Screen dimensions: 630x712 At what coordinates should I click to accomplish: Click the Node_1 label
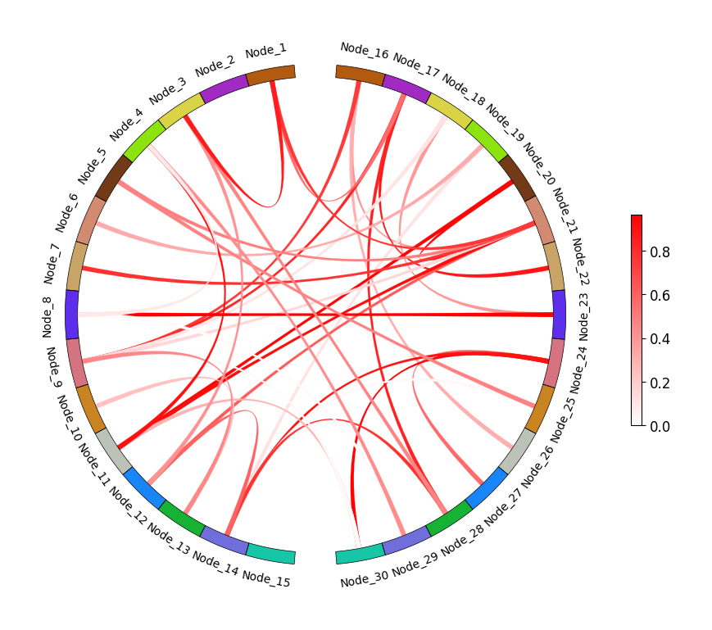pyautogui.click(x=265, y=52)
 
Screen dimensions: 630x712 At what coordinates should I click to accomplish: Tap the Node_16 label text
pyautogui.click(x=365, y=52)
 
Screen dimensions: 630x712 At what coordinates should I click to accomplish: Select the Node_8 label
pyautogui.click(x=48, y=315)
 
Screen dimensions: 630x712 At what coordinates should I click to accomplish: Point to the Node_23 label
pyautogui.click(x=583, y=315)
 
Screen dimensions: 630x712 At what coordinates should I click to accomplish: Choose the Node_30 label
pyautogui.click(x=365, y=579)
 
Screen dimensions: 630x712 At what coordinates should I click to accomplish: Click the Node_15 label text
pyautogui.click(x=265, y=578)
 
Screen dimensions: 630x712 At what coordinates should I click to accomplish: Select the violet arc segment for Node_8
pyautogui.click(x=72, y=315)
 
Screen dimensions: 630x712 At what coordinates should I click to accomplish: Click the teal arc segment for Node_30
pyautogui.click(x=360, y=555)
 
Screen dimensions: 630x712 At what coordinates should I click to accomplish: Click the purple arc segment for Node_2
pyautogui.click(x=224, y=87)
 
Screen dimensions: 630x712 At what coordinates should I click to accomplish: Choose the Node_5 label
pyautogui.click(x=92, y=166)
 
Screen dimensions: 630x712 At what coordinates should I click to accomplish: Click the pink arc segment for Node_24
pyautogui.click(x=555, y=362)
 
